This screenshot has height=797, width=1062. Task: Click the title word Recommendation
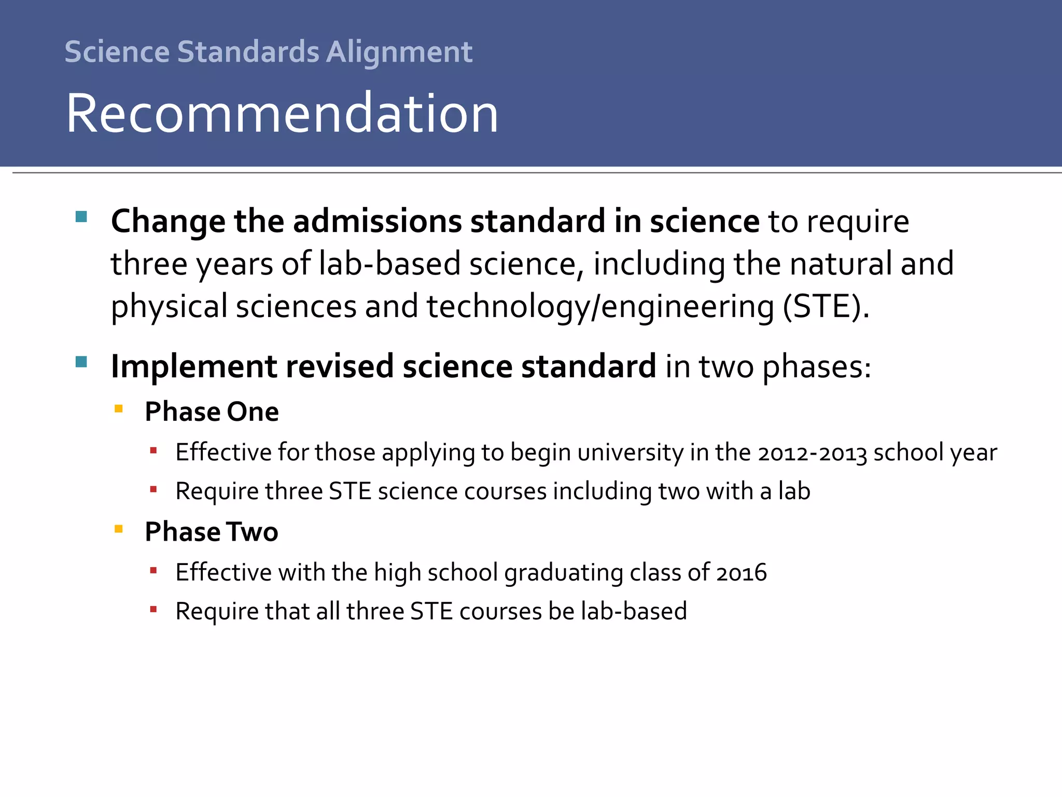click(282, 113)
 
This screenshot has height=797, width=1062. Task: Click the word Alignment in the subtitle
click(399, 52)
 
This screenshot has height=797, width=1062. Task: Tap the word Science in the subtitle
click(117, 52)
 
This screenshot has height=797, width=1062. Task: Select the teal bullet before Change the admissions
click(81, 216)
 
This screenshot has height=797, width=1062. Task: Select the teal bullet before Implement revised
click(81, 362)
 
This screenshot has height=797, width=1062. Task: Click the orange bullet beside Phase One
click(119, 408)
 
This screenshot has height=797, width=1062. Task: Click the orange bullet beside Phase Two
click(119, 529)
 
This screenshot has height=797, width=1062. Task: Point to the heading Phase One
click(212, 411)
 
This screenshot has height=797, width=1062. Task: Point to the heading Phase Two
click(212, 532)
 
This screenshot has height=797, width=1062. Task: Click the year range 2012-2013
click(812, 453)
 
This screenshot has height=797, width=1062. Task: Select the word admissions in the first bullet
click(377, 221)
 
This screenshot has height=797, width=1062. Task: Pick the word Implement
click(194, 366)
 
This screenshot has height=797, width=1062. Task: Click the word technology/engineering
click(600, 306)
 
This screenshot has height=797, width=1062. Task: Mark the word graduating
click(564, 573)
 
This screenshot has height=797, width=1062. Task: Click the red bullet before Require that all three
click(153, 610)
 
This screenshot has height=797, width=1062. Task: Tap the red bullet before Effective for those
click(153, 450)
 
